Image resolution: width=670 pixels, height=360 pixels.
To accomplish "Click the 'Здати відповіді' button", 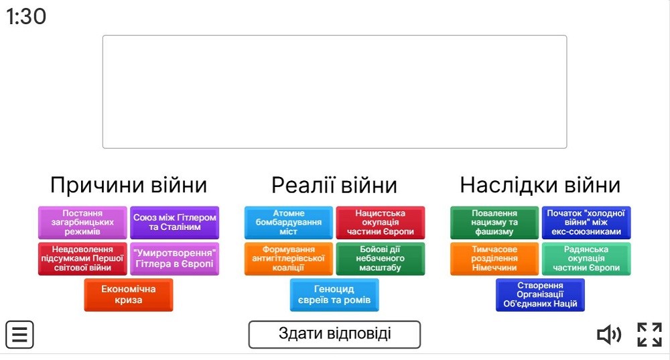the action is [x=334, y=335].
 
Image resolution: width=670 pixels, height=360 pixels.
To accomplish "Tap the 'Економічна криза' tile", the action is [x=129, y=294].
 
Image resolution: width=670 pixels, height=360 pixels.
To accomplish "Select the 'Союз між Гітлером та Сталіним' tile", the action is [x=175, y=223].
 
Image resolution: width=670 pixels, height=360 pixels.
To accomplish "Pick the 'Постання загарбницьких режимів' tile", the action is [x=82, y=223].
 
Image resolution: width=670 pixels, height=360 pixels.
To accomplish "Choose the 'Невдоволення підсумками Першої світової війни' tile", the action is [x=82, y=259].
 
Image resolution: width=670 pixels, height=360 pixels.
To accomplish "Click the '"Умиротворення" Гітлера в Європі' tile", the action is [x=175, y=259].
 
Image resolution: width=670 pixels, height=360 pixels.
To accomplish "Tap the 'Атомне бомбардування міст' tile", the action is [x=288, y=223].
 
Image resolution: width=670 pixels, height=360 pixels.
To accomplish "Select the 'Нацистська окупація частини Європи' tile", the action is [x=381, y=223].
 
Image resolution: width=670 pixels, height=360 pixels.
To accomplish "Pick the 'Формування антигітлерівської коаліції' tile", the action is [x=288, y=259].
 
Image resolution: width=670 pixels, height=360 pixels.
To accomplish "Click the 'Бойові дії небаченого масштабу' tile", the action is [x=381, y=259].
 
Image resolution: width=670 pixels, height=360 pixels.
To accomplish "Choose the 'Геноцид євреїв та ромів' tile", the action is [x=334, y=294].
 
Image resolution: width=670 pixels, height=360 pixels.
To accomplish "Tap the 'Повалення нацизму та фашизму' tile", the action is [x=494, y=223].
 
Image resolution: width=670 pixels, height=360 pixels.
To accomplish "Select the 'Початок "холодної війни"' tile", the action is [x=586, y=223].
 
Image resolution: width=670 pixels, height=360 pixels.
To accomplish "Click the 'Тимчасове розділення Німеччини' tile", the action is [x=494, y=259].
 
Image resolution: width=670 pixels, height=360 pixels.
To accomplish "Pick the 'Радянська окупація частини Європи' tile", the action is [x=586, y=259].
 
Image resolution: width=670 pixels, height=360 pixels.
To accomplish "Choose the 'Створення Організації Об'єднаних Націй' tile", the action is [x=540, y=294].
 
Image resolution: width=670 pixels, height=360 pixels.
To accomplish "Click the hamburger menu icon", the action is [x=19, y=335].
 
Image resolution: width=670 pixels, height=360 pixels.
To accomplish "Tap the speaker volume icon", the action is [x=609, y=335].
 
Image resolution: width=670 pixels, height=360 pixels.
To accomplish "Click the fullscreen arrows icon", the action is [x=649, y=335].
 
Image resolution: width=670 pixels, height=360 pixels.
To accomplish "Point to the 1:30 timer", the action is [x=26, y=16].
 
